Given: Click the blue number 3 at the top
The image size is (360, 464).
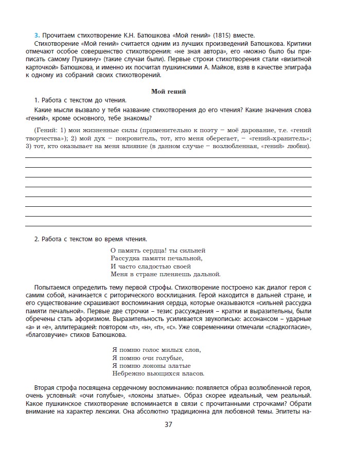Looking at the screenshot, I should pyautogui.click(x=36, y=35).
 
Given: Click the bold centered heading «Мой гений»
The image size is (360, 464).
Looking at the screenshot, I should pyautogui.click(x=168, y=91).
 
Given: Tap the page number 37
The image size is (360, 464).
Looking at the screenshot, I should pyautogui.click(x=168, y=424).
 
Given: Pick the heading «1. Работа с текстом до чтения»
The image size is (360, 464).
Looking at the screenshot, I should pyautogui.click(x=80, y=100).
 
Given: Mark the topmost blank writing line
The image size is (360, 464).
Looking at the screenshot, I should pyautogui.click(x=168, y=158).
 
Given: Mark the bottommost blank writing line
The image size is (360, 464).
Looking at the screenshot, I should pyautogui.click(x=168, y=226).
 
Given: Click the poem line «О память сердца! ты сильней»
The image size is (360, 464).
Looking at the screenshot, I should pyautogui.click(x=157, y=250).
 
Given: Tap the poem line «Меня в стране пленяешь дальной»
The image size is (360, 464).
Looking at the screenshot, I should pyautogui.click(x=165, y=274).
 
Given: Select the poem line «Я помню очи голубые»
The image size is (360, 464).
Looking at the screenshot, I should pyautogui.click(x=147, y=358).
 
